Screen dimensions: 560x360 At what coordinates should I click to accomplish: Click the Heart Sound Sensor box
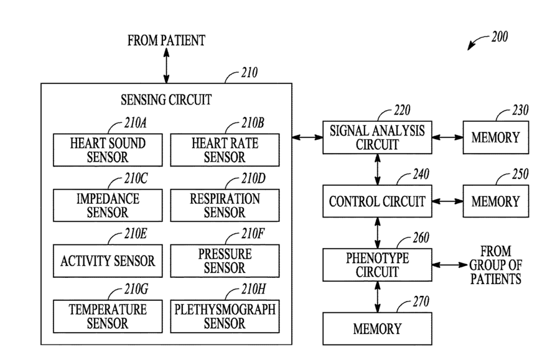pyautogui.click(x=108, y=150)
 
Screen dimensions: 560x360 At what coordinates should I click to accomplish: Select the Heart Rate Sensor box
pyautogui.click(x=225, y=150)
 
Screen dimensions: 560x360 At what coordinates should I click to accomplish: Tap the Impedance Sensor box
pyautogui.click(x=108, y=205)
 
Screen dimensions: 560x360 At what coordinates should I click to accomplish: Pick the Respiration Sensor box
pyautogui.click(x=225, y=205)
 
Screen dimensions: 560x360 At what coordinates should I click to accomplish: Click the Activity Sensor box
pyautogui.click(x=108, y=261)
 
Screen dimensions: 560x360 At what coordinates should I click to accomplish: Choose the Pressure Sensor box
pyautogui.click(x=225, y=261)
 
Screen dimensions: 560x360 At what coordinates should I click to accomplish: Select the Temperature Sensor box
pyautogui.click(x=108, y=316)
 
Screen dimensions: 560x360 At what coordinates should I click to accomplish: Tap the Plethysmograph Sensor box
pyautogui.click(x=225, y=316)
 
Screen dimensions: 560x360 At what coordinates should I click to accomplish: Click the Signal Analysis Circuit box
pyautogui.click(x=377, y=137)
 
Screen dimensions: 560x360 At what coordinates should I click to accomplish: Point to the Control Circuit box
pyautogui.click(x=377, y=201)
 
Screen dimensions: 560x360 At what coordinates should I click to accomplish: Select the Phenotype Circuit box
pyautogui.click(x=377, y=265)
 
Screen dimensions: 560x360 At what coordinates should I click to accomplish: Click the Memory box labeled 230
pyautogui.click(x=496, y=137)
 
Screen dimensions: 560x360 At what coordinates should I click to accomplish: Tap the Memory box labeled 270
pyautogui.click(x=377, y=329)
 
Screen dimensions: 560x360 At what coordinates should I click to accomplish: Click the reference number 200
pyautogui.click(x=500, y=37)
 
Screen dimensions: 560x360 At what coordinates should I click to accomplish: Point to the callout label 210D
pyautogui.click(x=253, y=178)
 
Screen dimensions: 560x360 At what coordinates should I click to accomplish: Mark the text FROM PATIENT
pyautogui.click(x=166, y=40)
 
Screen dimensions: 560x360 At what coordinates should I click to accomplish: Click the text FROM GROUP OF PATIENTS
pyautogui.click(x=496, y=265)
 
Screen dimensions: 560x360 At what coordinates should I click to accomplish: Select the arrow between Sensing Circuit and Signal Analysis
pyautogui.click(x=307, y=137)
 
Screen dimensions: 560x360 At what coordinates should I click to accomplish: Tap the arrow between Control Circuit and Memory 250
pyautogui.click(x=447, y=201)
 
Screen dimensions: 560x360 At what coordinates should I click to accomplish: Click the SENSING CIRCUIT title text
pyautogui.click(x=166, y=100)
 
